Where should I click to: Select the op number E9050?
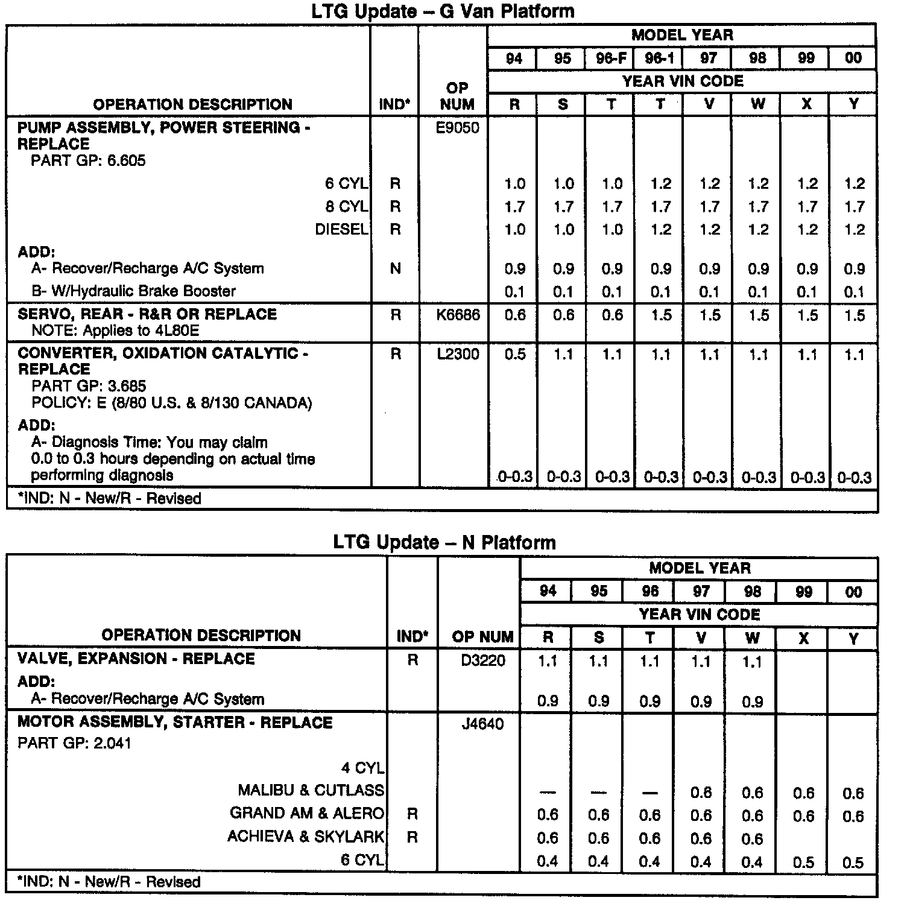pyautogui.click(x=458, y=128)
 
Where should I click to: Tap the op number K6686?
pyautogui.click(x=458, y=315)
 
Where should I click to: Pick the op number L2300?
pyautogui.click(x=458, y=354)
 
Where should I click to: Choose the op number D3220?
pyautogui.click(x=483, y=660)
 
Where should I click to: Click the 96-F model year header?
pyautogui.click(x=611, y=59)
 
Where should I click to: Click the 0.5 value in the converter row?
pyautogui.click(x=514, y=355)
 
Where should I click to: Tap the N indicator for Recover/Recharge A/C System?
pyautogui.click(x=395, y=268)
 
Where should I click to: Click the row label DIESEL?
pyautogui.click(x=341, y=230)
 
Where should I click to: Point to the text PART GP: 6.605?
pyautogui.click(x=88, y=160)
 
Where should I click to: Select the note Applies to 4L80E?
pyautogui.click(x=115, y=331)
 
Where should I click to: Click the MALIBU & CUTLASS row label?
pyautogui.click(x=311, y=790)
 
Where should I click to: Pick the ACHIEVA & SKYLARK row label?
pyautogui.click(x=305, y=837)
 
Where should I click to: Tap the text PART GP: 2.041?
pyautogui.click(x=74, y=743)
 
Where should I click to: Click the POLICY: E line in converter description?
pyautogui.click(x=171, y=403)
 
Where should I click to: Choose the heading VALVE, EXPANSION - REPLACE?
pyautogui.click(x=136, y=659)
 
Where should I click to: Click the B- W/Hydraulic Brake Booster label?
pyautogui.click(x=133, y=291)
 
